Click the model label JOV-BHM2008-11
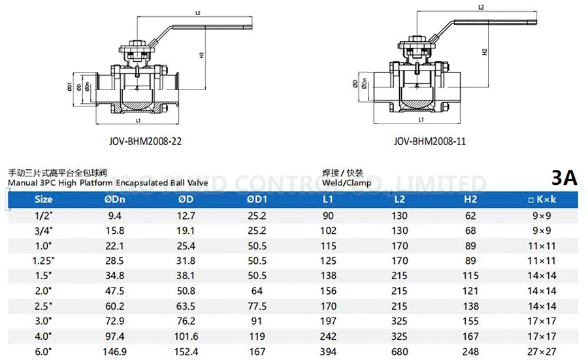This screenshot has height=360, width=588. point(429,140)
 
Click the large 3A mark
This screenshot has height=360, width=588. point(564,178)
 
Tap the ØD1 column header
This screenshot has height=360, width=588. point(257,199)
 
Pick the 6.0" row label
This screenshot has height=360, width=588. point(43,352)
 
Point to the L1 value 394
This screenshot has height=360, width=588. point(328,352)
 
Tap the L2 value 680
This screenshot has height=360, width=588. point(399,352)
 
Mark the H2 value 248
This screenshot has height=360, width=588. point(470,352)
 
